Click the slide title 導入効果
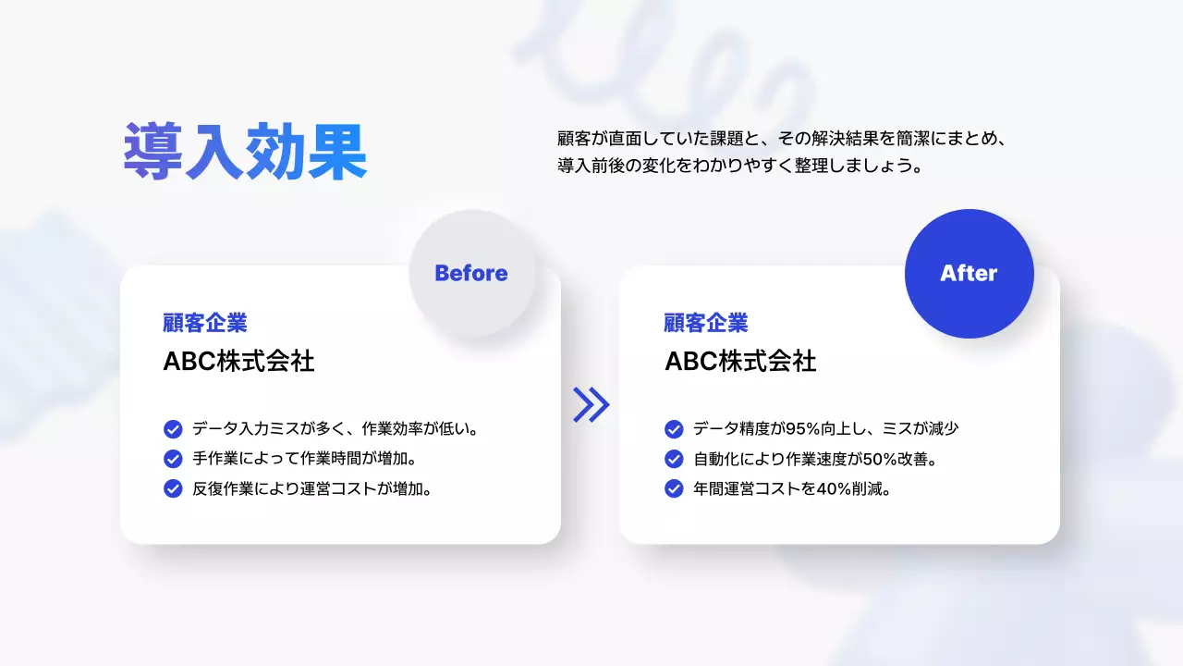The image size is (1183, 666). (246, 152)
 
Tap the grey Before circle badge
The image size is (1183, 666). (471, 273)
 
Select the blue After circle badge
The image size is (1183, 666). (969, 273)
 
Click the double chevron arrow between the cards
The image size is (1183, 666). (591, 404)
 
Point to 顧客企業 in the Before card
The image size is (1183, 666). (205, 323)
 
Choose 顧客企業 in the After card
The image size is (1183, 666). (706, 323)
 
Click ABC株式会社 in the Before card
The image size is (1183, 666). (238, 362)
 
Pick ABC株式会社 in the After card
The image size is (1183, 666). (740, 362)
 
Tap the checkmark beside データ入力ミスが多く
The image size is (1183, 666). (173, 429)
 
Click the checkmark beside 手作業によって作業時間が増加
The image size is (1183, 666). (173, 459)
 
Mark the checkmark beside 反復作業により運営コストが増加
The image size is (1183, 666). (173, 488)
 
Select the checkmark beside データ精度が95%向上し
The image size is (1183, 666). (674, 429)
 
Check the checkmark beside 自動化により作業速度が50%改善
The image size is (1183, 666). (674, 459)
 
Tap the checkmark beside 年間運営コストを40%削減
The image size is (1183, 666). (674, 488)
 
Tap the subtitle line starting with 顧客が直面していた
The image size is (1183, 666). (781, 140)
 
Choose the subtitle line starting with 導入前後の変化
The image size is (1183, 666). (741, 167)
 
